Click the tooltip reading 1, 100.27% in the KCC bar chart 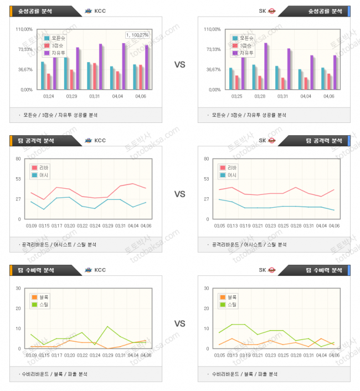pos(138,35)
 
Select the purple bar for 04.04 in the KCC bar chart pos(124,66)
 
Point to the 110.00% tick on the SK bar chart pos(212,29)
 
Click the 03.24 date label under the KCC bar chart pos(49,96)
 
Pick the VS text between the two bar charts pos(179,65)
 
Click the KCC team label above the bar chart pos(100,11)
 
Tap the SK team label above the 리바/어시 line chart pos(263,141)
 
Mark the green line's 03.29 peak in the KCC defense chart pos(107,327)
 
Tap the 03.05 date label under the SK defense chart pos(219,355)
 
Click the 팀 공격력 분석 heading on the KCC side pos(41,141)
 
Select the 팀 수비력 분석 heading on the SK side pos(324,270)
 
